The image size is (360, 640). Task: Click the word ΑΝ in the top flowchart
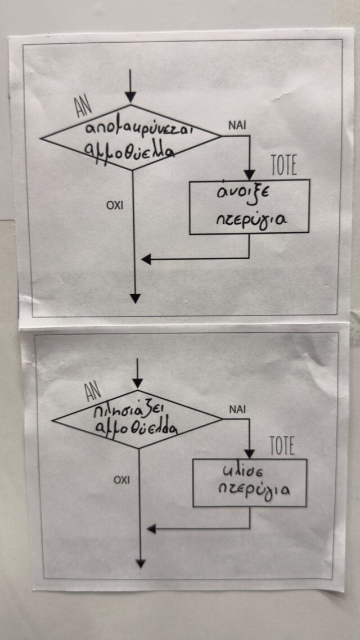(x=84, y=103)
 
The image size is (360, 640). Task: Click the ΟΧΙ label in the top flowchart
(x=115, y=206)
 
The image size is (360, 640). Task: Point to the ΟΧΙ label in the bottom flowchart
(x=121, y=480)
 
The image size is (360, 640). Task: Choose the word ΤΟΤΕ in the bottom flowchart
(x=282, y=447)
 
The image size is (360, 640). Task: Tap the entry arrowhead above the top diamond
(x=130, y=98)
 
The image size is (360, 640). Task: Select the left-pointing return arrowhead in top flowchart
(x=146, y=259)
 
